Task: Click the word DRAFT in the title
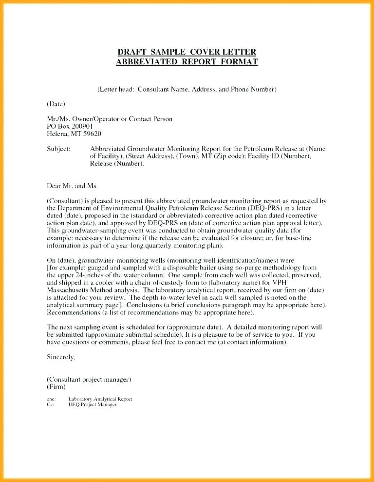(x=131, y=52)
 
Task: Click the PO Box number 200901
(x=83, y=126)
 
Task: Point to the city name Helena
(x=58, y=134)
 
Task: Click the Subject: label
(x=58, y=149)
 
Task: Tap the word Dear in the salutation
(x=54, y=186)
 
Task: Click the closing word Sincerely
(x=61, y=357)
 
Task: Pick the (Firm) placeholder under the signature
(x=56, y=386)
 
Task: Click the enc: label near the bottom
(x=51, y=399)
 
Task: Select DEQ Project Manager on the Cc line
(x=93, y=405)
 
